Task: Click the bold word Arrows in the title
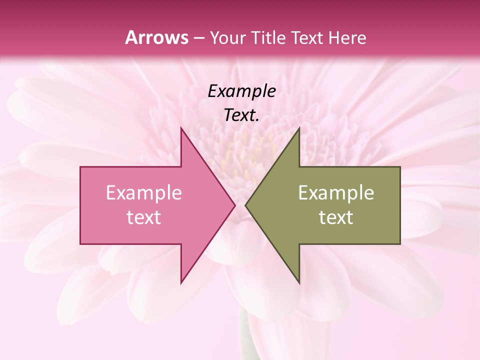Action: pos(156,37)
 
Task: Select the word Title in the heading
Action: pos(268,37)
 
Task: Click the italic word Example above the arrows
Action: pos(241,91)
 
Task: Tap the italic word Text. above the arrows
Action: pos(241,115)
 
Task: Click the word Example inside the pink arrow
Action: pos(144,192)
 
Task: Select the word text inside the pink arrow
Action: pos(144,217)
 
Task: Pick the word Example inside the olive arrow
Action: pos(336,192)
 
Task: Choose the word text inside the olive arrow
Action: pos(336,217)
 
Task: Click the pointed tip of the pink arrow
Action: pos(234,205)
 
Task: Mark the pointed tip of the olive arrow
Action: pos(246,205)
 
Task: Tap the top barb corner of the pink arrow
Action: pos(181,128)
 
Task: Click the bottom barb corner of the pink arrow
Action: pos(181,282)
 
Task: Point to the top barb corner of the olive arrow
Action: pos(299,128)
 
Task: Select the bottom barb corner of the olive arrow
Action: pos(299,282)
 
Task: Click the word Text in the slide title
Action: pos(307,37)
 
